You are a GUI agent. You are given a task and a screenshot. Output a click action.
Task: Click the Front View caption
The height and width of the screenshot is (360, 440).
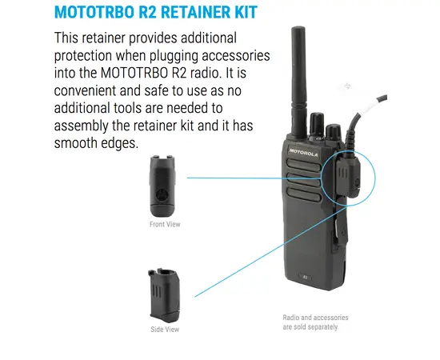tap(165, 224)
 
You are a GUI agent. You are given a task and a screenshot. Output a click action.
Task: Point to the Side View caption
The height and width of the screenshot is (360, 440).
tap(165, 329)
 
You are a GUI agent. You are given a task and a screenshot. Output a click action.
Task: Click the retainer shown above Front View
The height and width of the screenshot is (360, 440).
tap(162, 186)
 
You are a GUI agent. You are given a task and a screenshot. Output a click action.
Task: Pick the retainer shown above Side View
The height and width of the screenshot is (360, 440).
tap(164, 295)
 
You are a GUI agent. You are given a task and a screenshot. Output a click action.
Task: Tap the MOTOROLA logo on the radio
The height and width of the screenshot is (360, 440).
tap(304, 153)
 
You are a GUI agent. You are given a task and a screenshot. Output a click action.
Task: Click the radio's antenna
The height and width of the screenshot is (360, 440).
tap(298, 82)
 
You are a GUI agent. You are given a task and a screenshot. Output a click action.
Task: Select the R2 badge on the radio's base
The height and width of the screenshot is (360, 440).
tap(306, 278)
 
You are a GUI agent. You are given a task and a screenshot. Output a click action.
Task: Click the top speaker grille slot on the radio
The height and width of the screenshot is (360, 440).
tap(304, 165)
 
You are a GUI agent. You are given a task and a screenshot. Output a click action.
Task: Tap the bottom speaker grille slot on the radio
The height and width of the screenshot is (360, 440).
tap(304, 194)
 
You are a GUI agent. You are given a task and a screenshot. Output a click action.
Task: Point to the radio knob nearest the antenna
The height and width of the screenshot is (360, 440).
tap(317, 126)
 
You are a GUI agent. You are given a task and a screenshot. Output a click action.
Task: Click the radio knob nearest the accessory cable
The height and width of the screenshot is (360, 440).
tap(334, 133)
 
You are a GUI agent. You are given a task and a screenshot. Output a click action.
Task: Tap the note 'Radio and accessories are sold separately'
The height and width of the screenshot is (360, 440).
tap(315, 322)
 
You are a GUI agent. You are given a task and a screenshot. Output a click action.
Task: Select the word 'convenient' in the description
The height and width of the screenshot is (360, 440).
tap(85, 90)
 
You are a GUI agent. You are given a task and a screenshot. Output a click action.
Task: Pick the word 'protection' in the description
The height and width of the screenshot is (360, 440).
tap(82, 56)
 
